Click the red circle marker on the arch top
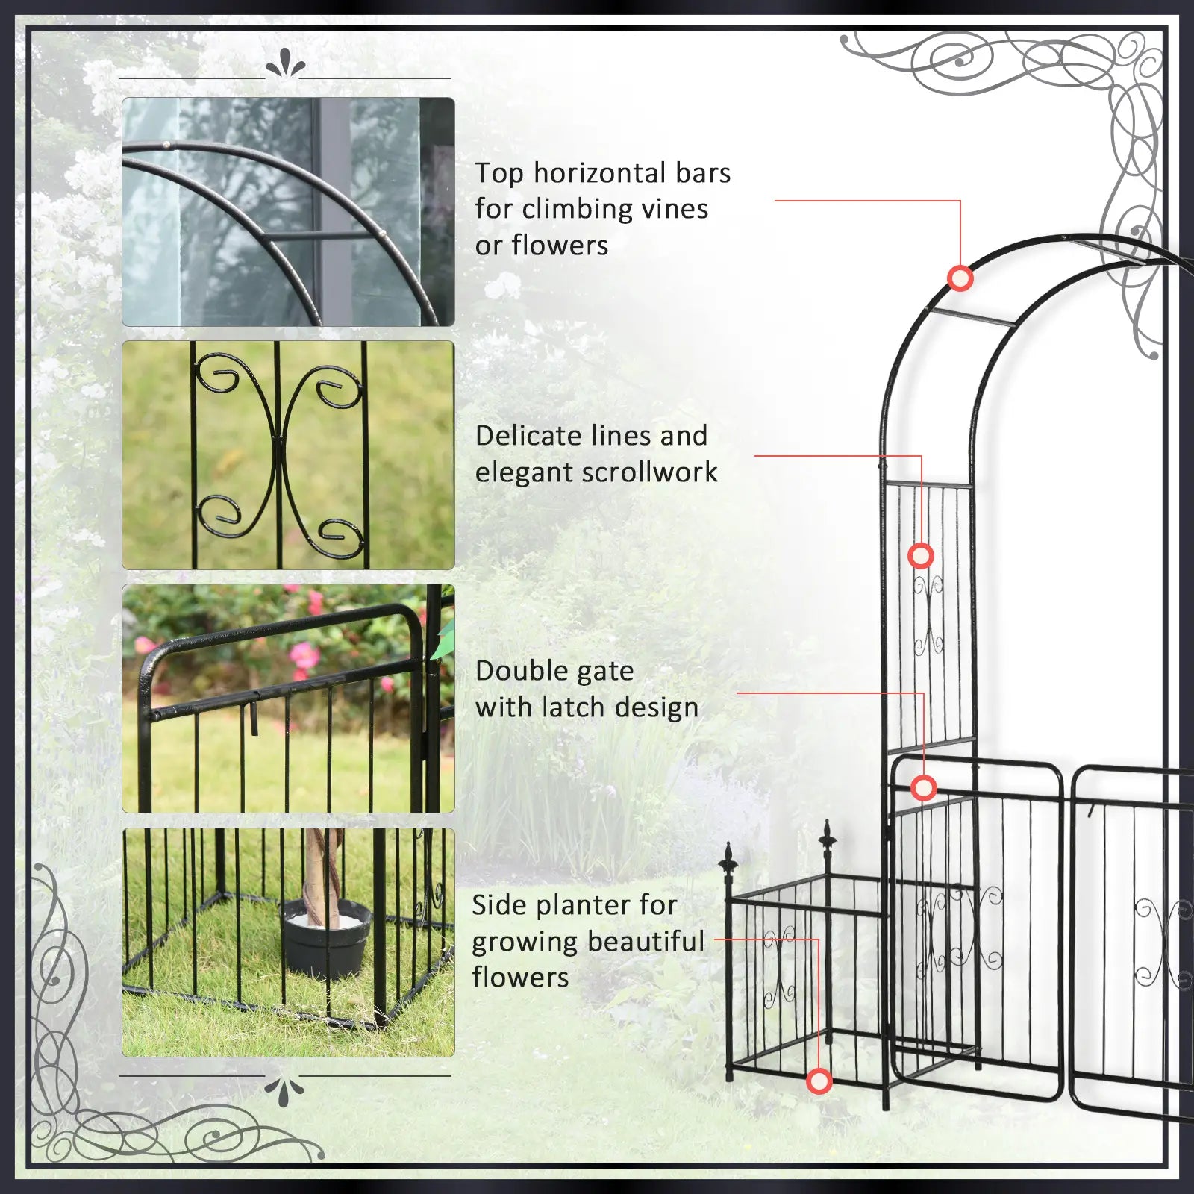(x=960, y=278)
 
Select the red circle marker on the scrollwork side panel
(x=921, y=556)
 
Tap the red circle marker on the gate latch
(x=924, y=787)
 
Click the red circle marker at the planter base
(x=819, y=1081)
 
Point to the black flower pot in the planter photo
(x=327, y=940)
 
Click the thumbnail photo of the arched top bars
(x=288, y=212)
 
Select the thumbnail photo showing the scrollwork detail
(x=288, y=455)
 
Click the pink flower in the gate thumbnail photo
(x=303, y=657)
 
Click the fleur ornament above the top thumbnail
(x=285, y=64)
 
